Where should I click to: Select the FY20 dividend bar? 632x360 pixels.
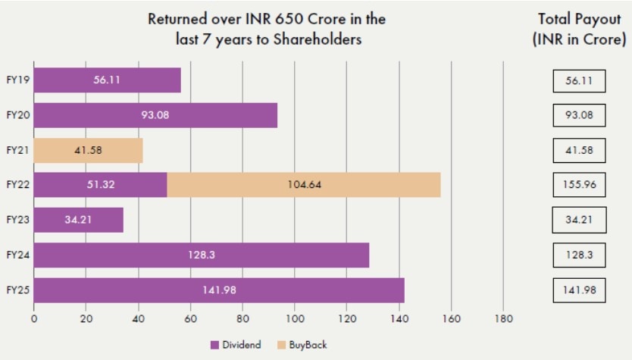point(155,115)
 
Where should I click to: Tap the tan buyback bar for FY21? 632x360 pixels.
point(89,150)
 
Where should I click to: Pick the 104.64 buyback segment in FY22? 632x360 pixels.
point(304,185)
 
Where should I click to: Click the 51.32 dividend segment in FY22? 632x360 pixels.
point(101,185)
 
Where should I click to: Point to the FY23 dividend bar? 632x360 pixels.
point(79,220)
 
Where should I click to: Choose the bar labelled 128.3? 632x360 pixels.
point(202,255)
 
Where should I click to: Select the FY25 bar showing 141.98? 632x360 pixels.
point(219,290)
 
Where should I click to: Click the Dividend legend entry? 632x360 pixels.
point(236,345)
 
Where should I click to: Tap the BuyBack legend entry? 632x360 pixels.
point(303,345)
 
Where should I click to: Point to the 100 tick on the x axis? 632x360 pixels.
point(294,319)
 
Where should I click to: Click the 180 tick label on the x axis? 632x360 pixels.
point(503,319)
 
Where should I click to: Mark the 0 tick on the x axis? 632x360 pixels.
point(34,319)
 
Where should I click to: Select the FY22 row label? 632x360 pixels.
point(17,185)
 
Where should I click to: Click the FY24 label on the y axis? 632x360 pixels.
point(17,255)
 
